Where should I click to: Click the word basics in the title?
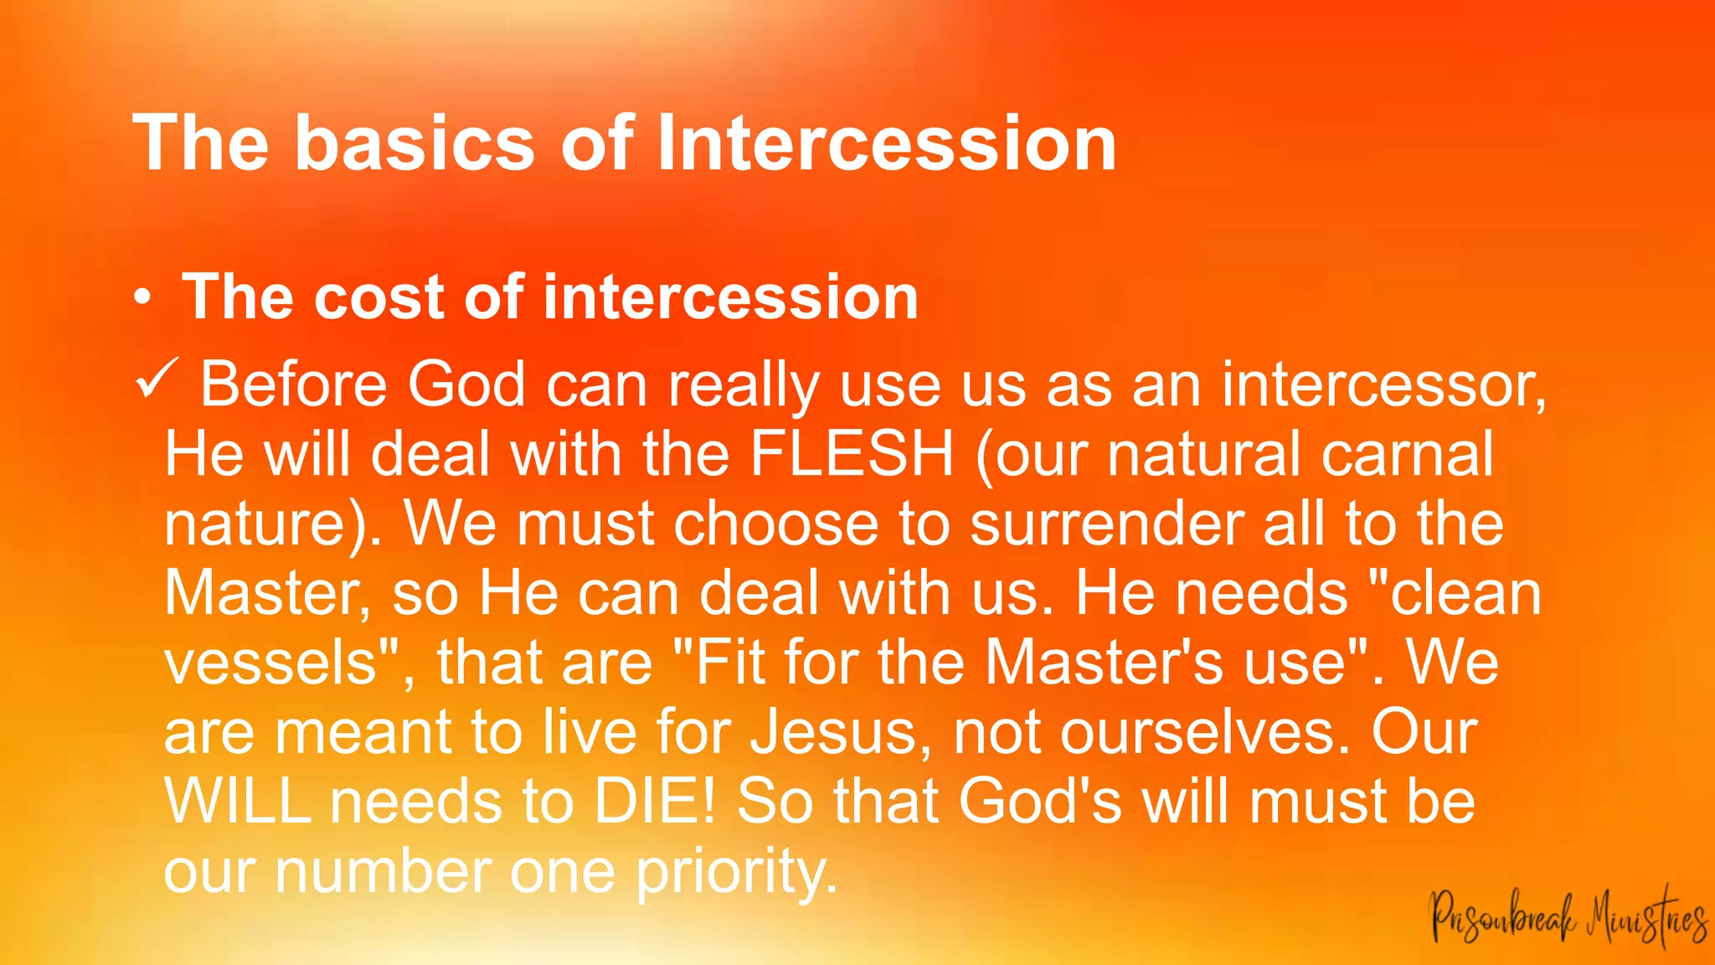pos(415,143)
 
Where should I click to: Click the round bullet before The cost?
pos(143,298)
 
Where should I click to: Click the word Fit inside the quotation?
pos(729,663)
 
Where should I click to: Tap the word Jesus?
pos(841,732)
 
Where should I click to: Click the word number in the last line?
pos(383,871)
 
